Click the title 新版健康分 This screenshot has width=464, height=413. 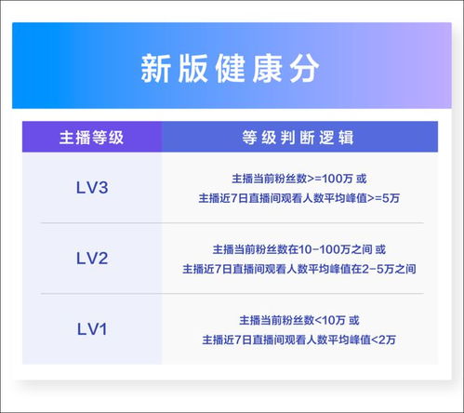(230, 69)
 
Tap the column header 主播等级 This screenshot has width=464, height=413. (91, 138)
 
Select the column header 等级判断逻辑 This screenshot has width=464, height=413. (298, 138)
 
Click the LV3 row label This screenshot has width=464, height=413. (92, 188)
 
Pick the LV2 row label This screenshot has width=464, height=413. (92, 259)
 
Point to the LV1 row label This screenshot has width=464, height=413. (92, 329)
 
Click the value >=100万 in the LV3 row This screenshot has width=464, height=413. (331, 179)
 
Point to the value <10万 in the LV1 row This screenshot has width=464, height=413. (330, 320)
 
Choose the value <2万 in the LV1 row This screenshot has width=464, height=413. (383, 340)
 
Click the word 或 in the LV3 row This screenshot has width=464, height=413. (361, 179)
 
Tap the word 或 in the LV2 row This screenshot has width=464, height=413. (380, 249)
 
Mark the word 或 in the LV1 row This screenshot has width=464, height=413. (354, 320)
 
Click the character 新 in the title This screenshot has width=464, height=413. (155, 69)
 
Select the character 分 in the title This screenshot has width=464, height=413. (305, 69)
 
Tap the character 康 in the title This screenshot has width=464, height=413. (267, 69)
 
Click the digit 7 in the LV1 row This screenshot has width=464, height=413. (238, 340)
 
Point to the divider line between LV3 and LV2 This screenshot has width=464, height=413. (232, 223)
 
